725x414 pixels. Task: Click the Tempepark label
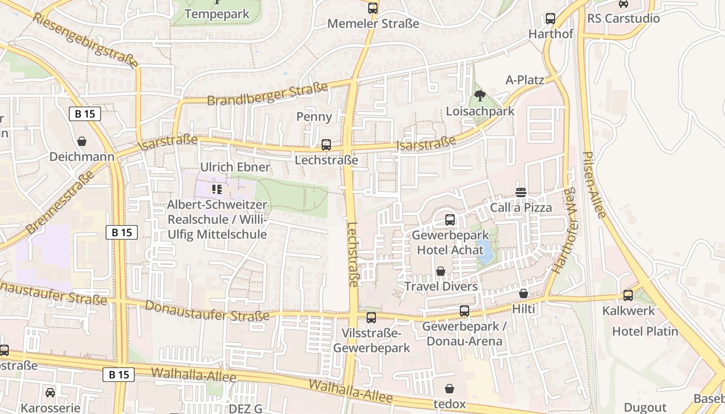pos(217,14)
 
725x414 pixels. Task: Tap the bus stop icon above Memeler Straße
pos(373,8)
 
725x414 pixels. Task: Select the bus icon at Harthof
pos(550,19)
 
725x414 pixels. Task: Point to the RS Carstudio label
pos(624,19)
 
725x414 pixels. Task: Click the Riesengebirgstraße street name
pos(85,40)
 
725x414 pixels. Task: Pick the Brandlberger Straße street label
pos(267,93)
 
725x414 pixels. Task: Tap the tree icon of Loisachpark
pos(480,96)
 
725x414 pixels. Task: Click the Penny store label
pos(314,116)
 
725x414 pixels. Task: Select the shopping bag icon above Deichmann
pos(82,141)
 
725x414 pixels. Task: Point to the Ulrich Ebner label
pos(235,167)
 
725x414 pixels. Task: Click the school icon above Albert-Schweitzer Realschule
pos(217,189)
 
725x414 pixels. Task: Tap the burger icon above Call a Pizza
pos(521,193)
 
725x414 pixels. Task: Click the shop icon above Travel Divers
pos(441,271)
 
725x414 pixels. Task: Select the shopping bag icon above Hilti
pos(524,294)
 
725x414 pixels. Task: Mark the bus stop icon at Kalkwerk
pos(628,295)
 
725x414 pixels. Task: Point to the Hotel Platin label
pos(645,331)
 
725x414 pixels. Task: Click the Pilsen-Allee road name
pos(593,184)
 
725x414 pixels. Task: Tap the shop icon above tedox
pos(450,389)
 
